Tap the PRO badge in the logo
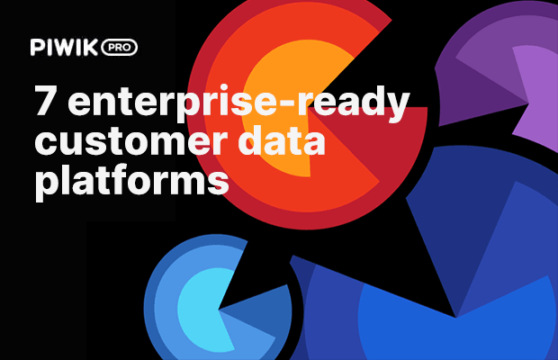tap(119, 46)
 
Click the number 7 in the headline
tap(46, 102)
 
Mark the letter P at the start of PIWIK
tap(36, 46)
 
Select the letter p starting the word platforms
tap(45, 182)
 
